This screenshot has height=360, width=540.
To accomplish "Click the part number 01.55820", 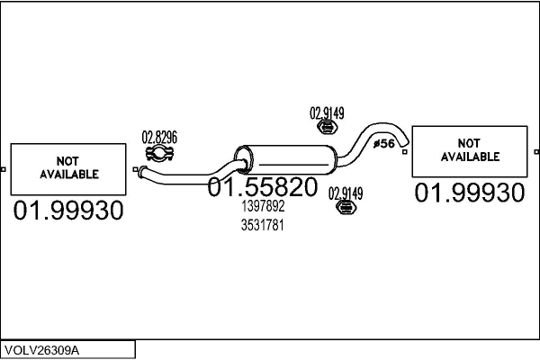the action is (263, 186).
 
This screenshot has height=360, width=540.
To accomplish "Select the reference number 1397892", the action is (263, 206).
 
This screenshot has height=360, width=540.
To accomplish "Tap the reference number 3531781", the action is (263, 225).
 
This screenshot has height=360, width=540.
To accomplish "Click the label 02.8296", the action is (159, 137).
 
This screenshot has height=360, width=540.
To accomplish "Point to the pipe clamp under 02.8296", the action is (159, 153).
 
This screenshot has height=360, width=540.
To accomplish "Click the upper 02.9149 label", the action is (327, 113).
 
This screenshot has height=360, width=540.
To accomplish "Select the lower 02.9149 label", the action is (346, 193).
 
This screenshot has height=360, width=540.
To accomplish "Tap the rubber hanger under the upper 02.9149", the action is (328, 127).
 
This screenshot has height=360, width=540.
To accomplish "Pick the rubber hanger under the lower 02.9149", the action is (346, 207).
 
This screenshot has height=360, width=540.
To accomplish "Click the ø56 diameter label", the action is (384, 143).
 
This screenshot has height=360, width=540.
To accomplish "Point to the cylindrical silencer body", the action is (285, 159).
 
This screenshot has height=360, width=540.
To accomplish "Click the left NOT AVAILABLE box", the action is (68, 169).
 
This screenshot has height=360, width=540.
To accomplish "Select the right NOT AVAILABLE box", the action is (470, 151).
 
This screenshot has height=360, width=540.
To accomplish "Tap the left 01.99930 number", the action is (68, 210).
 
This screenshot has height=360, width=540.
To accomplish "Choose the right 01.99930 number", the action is (470, 193).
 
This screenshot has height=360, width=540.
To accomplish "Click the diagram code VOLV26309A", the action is (42, 350).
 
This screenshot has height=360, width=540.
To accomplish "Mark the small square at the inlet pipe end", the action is (135, 169).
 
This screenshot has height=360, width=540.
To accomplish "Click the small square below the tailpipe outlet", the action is (405, 151).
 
